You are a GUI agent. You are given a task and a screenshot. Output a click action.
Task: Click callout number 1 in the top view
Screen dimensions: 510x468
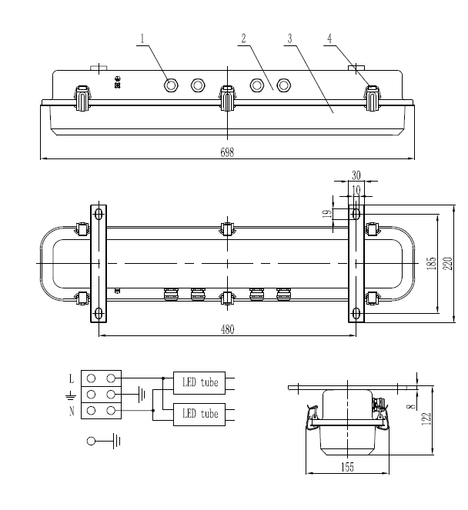(142, 38)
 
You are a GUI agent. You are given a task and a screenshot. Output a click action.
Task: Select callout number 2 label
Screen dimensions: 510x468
(242, 38)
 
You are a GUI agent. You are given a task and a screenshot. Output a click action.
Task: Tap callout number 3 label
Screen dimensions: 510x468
(289, 38)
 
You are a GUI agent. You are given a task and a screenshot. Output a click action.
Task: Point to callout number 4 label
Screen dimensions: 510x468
(329, 38)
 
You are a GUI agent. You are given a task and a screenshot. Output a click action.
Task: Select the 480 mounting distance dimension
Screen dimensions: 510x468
(226, 328)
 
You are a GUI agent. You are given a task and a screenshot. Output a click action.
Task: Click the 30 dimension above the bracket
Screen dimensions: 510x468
(356, 176)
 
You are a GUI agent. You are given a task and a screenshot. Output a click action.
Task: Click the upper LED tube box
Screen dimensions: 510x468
(199, 380)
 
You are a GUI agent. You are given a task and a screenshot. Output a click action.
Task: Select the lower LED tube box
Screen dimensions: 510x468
(199, 414)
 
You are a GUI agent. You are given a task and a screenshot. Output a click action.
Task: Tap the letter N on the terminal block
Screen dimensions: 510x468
(72, 412)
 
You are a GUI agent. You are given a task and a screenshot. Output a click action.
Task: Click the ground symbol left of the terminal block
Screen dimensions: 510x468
(71, 395)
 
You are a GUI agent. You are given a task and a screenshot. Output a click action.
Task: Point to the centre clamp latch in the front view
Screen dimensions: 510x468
(226, 98)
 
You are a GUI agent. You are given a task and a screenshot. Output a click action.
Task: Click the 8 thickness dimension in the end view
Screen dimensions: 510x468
(413, 398)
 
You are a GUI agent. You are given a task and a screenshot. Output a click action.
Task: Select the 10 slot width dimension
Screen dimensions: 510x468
(355, 189)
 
